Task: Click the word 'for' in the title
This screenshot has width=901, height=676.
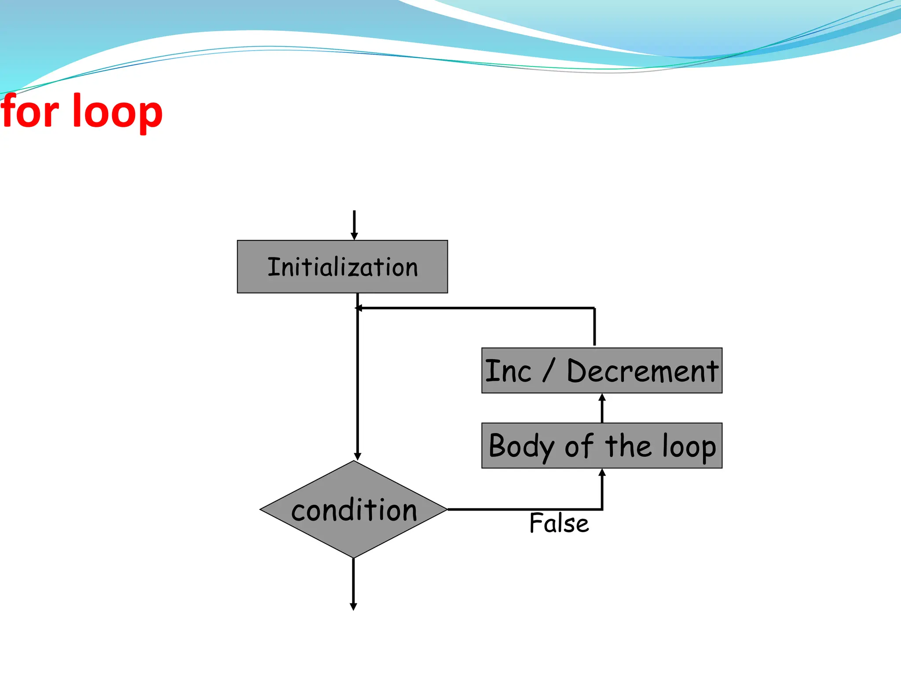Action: pos(30,112)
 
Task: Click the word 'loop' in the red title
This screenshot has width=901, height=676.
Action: pos(117,113)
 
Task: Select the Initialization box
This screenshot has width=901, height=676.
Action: pos(342,267)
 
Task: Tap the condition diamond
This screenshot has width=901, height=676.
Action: pos(354,510)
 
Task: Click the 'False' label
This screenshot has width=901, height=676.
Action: pos(559,523)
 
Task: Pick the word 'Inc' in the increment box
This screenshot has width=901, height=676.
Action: pos(508,371)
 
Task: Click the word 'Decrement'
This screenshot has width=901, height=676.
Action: pos(642,371)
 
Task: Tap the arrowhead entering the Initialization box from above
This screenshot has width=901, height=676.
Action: pos(354,236)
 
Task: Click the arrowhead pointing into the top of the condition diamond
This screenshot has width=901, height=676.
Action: pos(358,456)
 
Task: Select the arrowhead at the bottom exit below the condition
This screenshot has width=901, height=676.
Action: pos(353,606)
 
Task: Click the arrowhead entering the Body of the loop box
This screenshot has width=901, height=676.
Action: pos(602,472)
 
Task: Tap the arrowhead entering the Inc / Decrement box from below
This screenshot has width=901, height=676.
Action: pos(602,397)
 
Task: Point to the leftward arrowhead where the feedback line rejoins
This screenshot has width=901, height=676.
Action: pos(359,308)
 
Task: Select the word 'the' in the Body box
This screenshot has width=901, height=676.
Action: pos(628,446)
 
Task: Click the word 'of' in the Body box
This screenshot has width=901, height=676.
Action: pos(579,446)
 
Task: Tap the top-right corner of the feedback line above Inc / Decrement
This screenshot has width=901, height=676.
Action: pos(594,308)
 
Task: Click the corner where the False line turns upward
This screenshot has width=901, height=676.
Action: pos(602,509)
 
